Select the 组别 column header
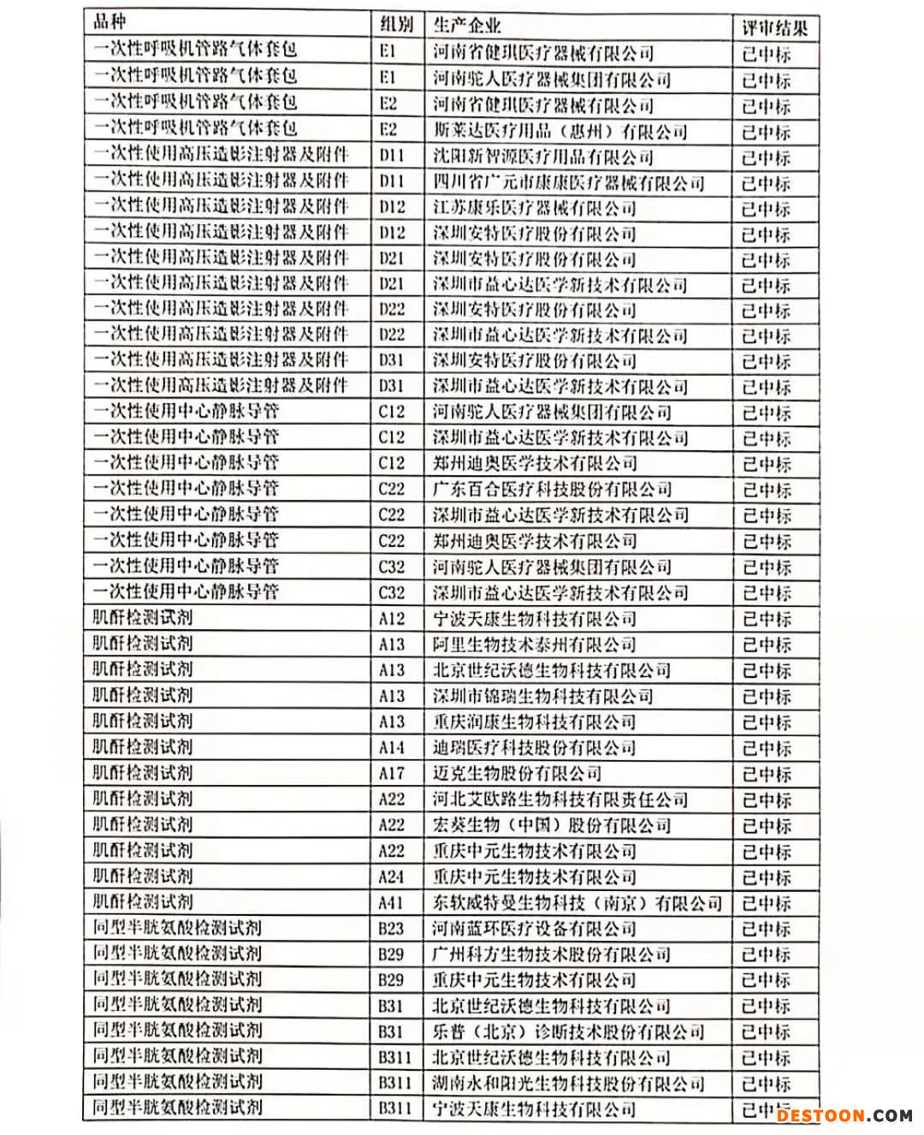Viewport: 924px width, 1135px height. [x=396, y=25]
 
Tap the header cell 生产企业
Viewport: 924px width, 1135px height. [x=467, y=25]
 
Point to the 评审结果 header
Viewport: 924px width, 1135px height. [x=774, y=28]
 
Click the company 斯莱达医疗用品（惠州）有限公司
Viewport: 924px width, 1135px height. [x=560, y=132]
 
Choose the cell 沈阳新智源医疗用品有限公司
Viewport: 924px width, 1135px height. [x=542, y=157]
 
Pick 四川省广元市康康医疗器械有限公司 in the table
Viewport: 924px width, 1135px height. [x=568, y=183]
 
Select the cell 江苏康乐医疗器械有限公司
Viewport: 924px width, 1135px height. [x=534, y=208]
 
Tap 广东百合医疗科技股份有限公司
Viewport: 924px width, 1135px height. [x=552, y=490]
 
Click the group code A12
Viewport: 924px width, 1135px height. [x=392, y=619]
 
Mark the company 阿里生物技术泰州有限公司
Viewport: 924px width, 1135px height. [x=534, y=645]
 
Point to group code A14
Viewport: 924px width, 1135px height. [x=392, y=747]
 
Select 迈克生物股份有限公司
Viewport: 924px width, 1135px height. [x=517, y=774]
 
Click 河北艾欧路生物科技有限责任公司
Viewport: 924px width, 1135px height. [x=560, y=799]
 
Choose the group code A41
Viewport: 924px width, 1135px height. [x=392, y=902]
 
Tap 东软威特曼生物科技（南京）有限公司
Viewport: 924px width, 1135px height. [x=577, y=903]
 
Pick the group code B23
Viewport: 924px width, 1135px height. [x=392, y=928]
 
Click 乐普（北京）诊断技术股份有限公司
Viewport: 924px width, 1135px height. [x=568, y=1032]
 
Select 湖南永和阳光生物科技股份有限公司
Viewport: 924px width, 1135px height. [x=568, y=1084]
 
